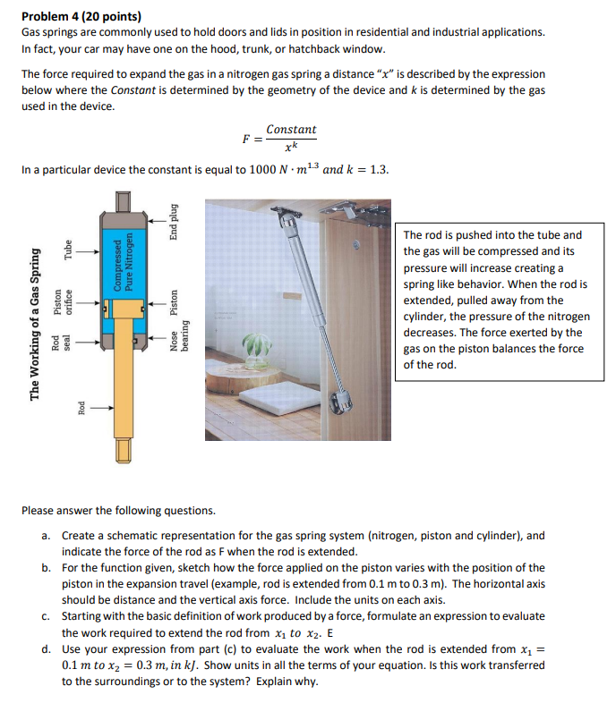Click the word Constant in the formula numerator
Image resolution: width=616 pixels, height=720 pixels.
pos(291,130)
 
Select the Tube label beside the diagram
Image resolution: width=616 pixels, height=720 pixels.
pos(67,253)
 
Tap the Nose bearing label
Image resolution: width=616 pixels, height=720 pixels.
pos(179,336)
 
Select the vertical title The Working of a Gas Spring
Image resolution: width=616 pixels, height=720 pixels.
pos(35,324)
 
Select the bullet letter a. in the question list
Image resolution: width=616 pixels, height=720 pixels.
pos(46,536)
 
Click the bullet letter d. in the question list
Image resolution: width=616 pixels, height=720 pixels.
pos(46,649)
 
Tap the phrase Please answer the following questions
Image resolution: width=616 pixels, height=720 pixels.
pos(118,511)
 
